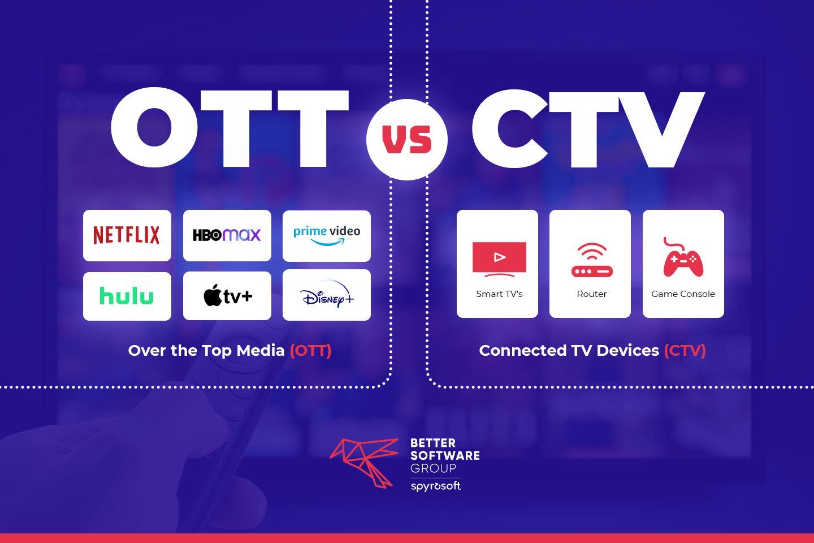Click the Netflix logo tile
(127, 235)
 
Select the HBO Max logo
(227, 235)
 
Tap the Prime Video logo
(327, 235)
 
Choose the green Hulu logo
(127, 296)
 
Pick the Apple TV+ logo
(227, 296)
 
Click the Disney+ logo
(327, 295)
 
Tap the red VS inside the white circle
(407, 140)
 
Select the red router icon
(591, 260)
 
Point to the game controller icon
(683, 259)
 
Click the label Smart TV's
(499, 294)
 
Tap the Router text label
(591, 294)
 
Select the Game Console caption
(683, 294)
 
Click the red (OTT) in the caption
(310, 351)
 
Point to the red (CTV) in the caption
(685, 351)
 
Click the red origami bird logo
(365, 461)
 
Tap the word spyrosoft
(435, 486)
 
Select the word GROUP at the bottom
(433, 468)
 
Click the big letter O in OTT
(154, 128)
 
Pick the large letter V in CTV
(661, 129)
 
